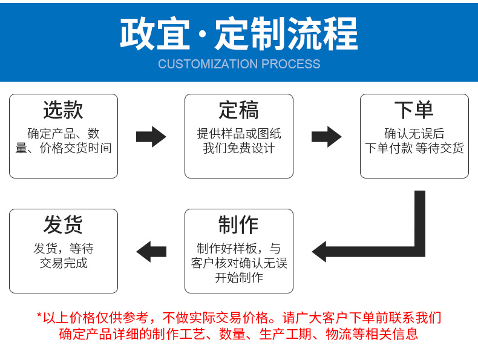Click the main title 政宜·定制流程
click(239, 33)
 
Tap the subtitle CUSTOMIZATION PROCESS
click(239, 64)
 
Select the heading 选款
click(63, 111)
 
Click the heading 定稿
click(238, 111)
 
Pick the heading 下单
click(414, 111)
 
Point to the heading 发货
click(63, 225)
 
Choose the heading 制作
click(238, 225)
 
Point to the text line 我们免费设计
click(238, 148)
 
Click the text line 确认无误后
click(414, 134)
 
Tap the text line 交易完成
click(63, 263)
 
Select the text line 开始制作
click(238, 278)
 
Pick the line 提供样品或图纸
click(238, 134)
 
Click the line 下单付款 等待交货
click(414, 148)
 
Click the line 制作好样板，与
click(238, 249)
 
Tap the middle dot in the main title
click(202, 35)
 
